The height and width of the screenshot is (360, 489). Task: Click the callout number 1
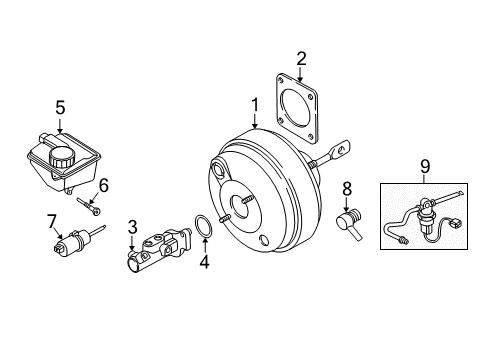pos(255,103)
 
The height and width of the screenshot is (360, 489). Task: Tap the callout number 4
pos(205,264)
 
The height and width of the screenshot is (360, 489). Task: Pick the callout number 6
pos(102,186)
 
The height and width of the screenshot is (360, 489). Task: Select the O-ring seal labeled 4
pos(203,229)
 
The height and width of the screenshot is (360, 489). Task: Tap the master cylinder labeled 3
pos(155,251)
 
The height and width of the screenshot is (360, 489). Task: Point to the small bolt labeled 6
pos(88,206)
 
